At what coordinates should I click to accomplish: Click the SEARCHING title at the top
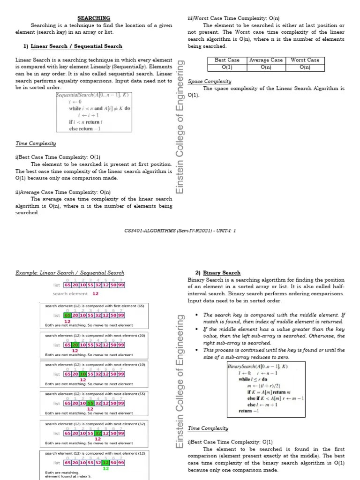(93, 18)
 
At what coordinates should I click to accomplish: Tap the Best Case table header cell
(227, 60)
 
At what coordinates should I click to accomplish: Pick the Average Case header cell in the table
(266, 60)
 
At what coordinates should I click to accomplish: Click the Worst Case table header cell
(305, 60)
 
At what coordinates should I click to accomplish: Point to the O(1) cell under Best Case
(227, 67)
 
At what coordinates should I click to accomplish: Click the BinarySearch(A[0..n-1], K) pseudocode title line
(257, 366)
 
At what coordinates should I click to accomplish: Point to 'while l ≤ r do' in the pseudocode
(253, 379)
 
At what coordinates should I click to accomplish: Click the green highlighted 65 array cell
(67, 315)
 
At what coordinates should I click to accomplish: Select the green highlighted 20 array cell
(75, 345)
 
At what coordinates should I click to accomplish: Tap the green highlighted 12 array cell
(106, 462)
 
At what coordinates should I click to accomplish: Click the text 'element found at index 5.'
(68, 476)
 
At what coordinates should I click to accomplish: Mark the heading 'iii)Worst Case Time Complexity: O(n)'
(233, 18)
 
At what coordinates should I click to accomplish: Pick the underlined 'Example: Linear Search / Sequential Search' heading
(70, 272)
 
